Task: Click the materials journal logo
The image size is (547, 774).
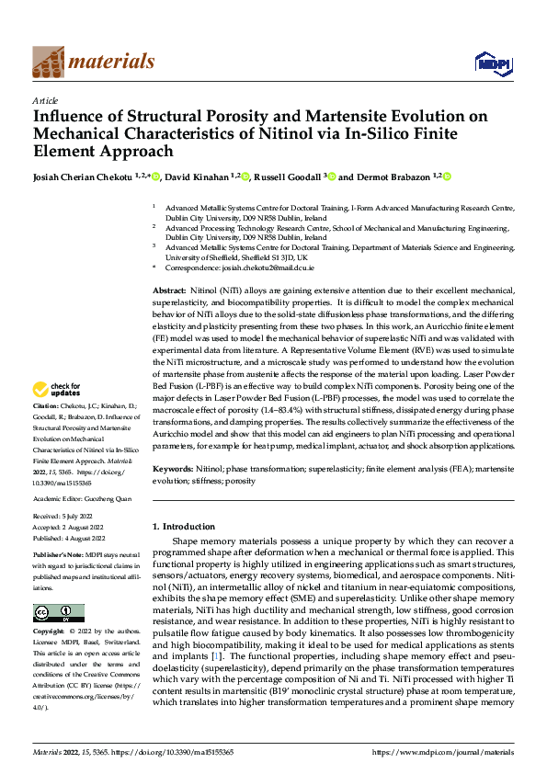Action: tap(93, 63)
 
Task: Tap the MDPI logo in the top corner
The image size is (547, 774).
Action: tap(490, 63)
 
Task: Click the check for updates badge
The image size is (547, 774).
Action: tap(58, 415)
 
